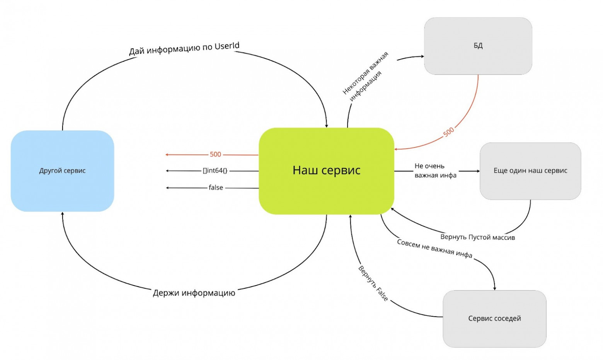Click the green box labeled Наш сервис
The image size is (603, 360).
tap(326, 171)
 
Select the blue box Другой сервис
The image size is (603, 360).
tap(63, 171)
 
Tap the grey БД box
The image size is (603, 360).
tap(478, 46)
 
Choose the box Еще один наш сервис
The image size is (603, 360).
tap(530, 171)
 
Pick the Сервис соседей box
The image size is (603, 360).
tap(494, 319)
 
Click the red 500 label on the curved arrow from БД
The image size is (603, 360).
tap(448, 132)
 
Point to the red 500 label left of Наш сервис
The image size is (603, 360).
tap(215, 154)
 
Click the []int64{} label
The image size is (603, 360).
tap(215, 171)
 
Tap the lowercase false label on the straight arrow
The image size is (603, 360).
tap(216, 188)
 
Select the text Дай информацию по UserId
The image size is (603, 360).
tap(184, 48)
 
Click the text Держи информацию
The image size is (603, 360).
tap(194, 293)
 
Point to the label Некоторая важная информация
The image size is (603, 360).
tap(366, 77)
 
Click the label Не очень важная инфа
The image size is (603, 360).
tap(435, 171)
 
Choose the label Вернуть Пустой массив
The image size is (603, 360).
tap(477, 237)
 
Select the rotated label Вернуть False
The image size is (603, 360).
tap(373, 283)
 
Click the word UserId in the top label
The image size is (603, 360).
tap(227, 46)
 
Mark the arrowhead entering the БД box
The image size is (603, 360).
tap(422, 56)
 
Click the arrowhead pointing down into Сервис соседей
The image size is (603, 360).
tap(494, 288)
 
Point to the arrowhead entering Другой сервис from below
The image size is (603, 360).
tap(63, 213)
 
